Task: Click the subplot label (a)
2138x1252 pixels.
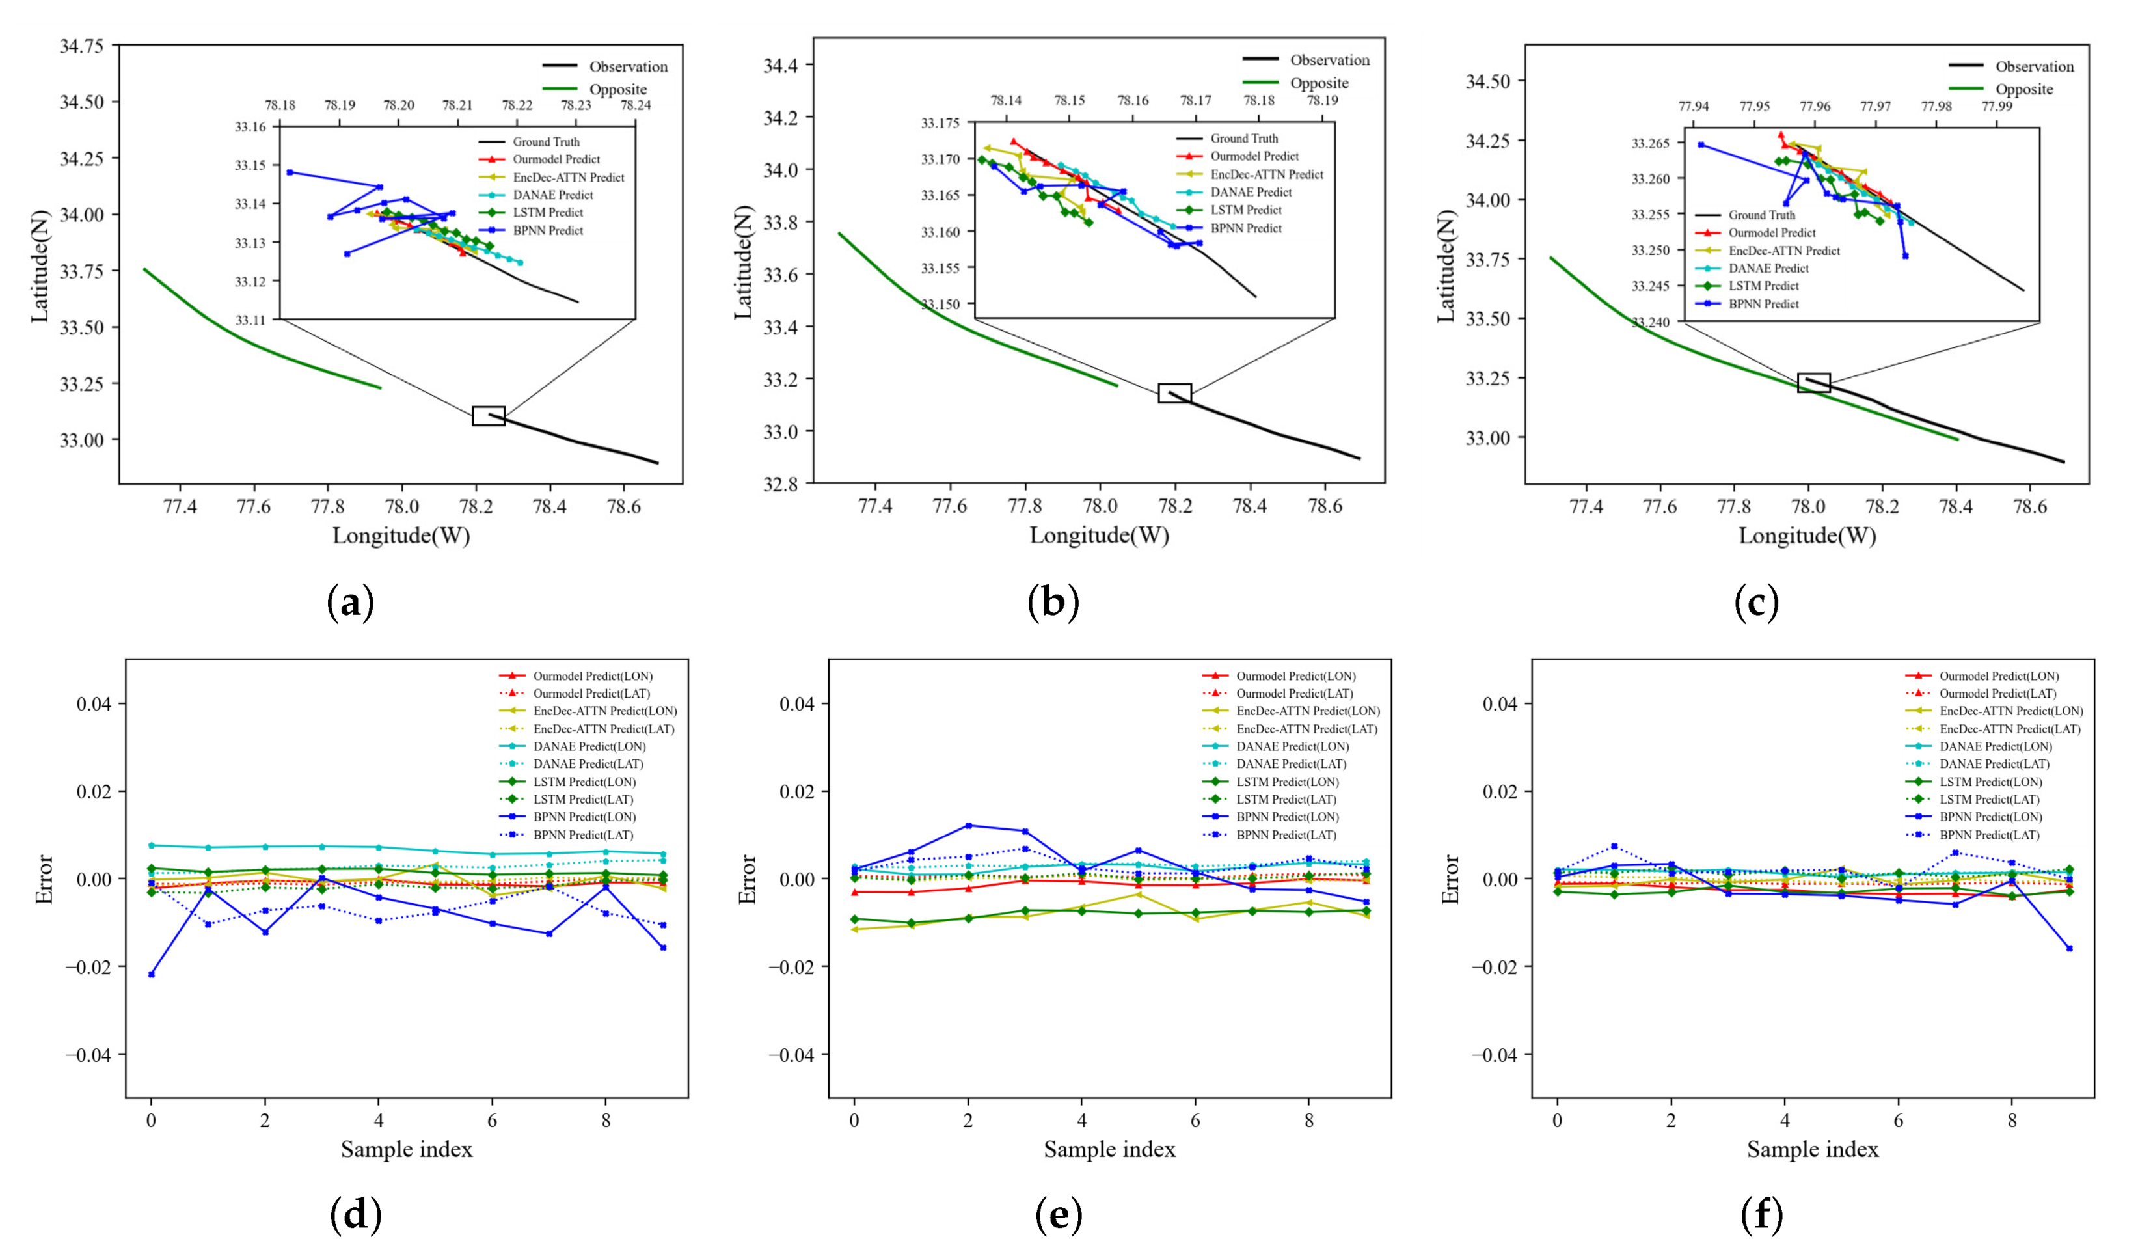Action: tap(351, 603)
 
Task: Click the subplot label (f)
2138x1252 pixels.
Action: tap(1761, 1216)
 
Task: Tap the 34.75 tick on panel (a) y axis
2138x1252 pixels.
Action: tap(81, 46)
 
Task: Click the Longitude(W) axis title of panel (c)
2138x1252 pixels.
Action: tap(1807, 536)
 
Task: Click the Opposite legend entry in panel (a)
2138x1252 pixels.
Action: tap(617, 89)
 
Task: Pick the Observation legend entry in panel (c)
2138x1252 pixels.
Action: tap(2034, 66)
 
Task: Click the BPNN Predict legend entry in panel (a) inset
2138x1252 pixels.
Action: tap(547, 230)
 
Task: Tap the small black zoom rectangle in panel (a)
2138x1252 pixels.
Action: tap(489, 416)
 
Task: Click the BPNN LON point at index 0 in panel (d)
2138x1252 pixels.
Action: tap(151, 974)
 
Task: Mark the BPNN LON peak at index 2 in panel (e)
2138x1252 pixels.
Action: tap(968, 825)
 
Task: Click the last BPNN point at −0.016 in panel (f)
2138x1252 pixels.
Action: tap(2069, 948)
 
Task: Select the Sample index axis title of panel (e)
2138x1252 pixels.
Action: tap(1110, 1149)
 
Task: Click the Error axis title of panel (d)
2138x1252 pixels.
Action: tap(44, 879)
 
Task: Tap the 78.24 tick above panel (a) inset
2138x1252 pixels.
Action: tap(636, 105)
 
